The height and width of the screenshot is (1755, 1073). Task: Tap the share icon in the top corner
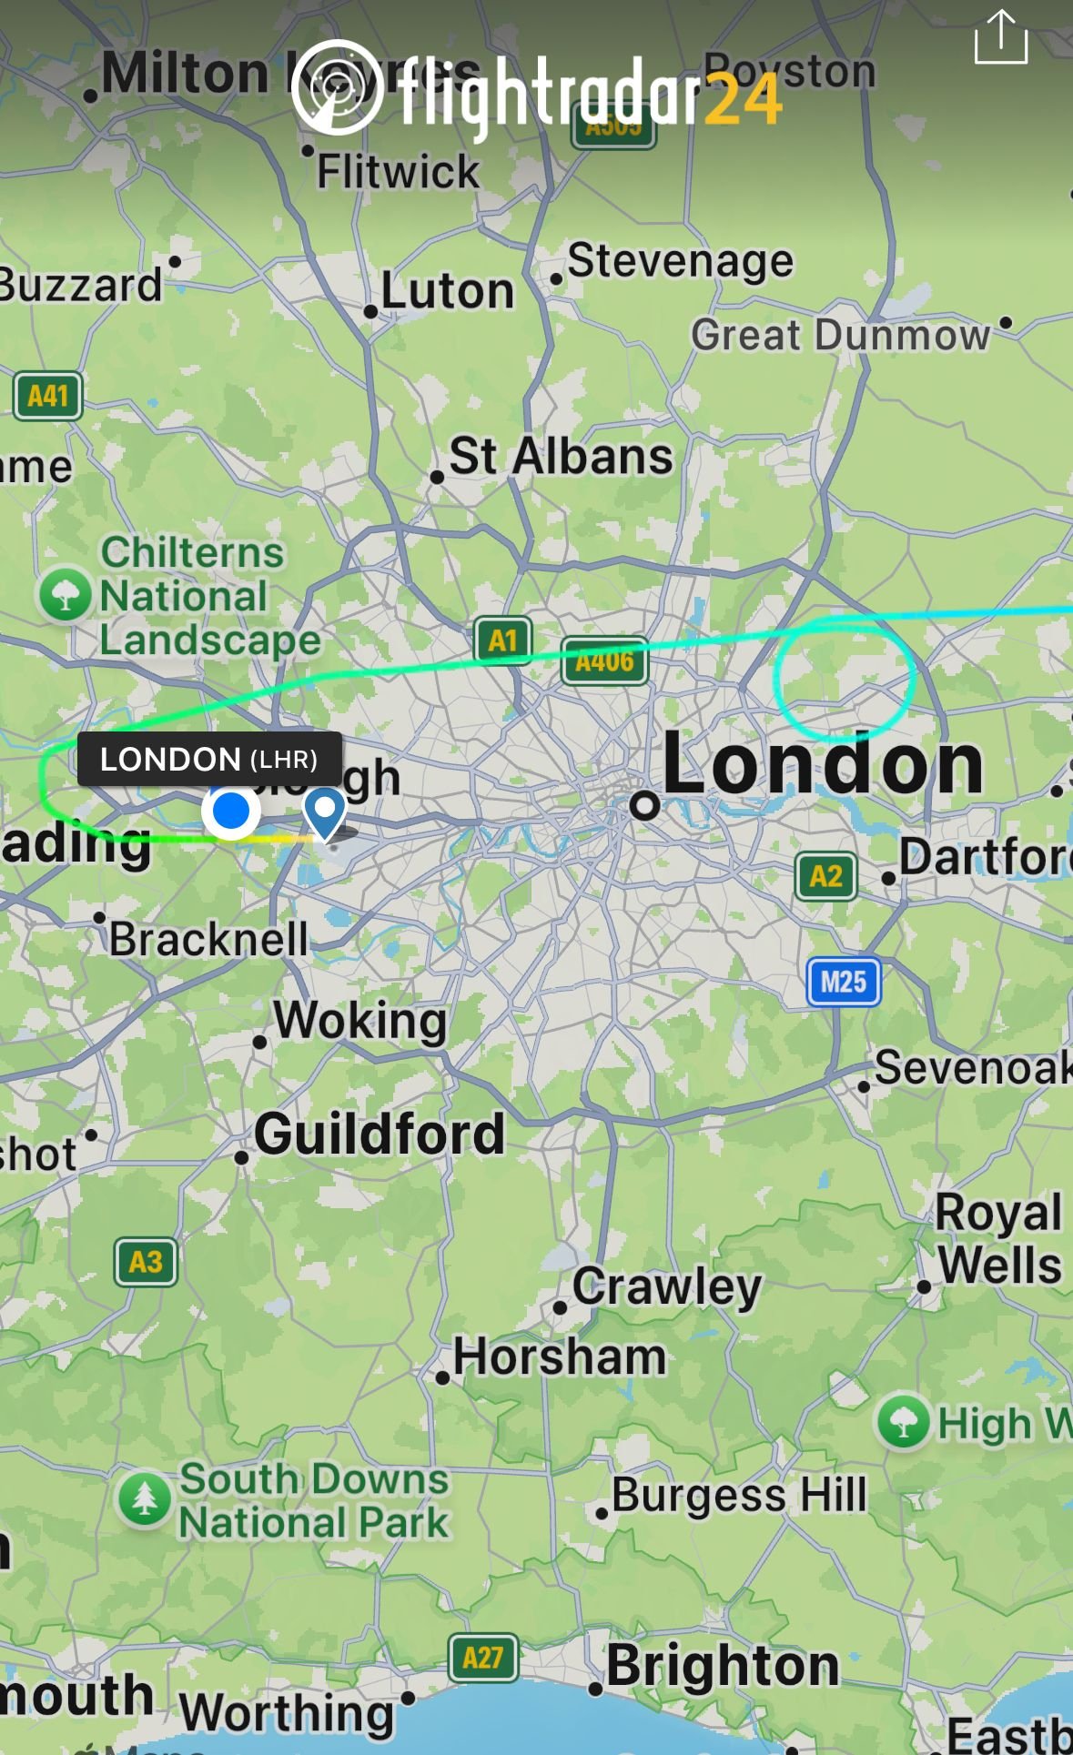click(x=1000, y=38)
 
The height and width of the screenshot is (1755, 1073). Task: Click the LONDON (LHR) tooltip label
click(x=209, y=759)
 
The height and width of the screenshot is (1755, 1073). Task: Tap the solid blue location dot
click(x=231, y=810)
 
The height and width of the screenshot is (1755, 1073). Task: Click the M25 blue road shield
click(x=844, y=982)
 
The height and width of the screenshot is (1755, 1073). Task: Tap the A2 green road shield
click(x=825, y=876)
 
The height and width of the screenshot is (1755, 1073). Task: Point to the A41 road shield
click(x=48, y=396)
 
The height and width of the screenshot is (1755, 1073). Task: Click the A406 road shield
click(x=604, y=661)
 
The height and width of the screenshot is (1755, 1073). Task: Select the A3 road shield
click(x=146, y=1262)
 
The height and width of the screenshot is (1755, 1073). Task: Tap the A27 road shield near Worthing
click(x=482, y=1658)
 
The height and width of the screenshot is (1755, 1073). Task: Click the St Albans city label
click(x=561, y=456)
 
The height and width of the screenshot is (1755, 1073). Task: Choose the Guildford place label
click(x=379, y=1134)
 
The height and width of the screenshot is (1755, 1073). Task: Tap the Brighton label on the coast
click(x=723, y=1665)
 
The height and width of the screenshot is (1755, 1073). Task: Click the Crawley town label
click(x=666, y=1286)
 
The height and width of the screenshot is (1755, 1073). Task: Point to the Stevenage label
click(x=680, y=261)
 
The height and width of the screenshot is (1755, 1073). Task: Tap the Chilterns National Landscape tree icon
click(x=65, y=594)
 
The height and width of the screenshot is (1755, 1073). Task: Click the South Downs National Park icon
click(x=145, y=1498)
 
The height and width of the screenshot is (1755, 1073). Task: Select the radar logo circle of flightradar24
click(x=338, y=87)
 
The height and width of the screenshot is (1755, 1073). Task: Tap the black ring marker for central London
click(x=644, y=804)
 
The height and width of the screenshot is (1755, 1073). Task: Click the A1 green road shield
click(x=502, y=640)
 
